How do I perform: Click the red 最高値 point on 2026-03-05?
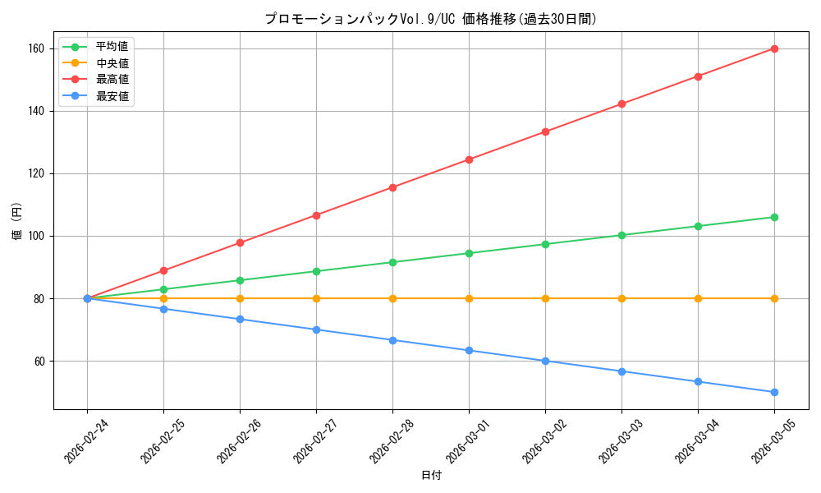[774, 48]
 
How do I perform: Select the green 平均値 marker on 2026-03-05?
[774, 217]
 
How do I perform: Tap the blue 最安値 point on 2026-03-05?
[774, 392]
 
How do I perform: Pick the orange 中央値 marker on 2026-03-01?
[469, 298]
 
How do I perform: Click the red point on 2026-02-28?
[392, 187]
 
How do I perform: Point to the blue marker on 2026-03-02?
[545, 361]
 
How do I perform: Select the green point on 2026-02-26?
[240, 280]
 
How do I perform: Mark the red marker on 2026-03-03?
[621, 104]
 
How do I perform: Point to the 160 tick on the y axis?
[39, 48]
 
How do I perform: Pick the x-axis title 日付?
[431, 476]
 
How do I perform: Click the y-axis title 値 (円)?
[16, 221]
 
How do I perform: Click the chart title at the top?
[431, 19]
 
